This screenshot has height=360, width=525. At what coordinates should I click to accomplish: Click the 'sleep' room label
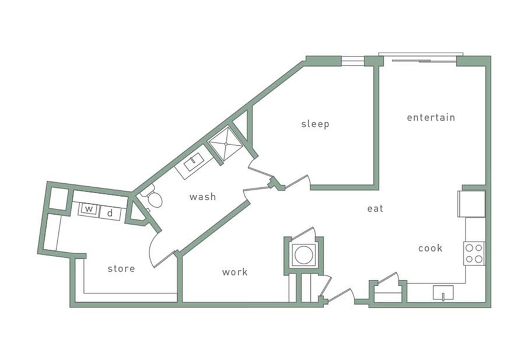(x=315, y=124)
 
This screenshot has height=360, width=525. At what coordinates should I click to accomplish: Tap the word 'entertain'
(x=430, y=117)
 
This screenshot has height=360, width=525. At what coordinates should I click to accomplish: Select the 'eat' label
(x=375, y=208)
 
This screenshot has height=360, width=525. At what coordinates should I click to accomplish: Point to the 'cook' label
(x=430, y=248)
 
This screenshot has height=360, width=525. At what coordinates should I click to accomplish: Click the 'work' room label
(x=235, y=272)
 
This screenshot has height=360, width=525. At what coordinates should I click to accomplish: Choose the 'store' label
(x=121, y=268)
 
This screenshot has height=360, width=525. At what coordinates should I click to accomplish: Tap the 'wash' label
(x=202, y=197)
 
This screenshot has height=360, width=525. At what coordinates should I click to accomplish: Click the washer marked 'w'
(x=88, y=209)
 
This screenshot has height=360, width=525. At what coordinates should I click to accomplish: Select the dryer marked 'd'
(x=110, y=213)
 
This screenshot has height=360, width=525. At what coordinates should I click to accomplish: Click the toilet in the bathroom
(x=153, y=198)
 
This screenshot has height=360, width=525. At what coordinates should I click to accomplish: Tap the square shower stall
(x=225, y=144)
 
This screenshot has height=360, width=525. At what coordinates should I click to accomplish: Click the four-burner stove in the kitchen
(x=474, y=253)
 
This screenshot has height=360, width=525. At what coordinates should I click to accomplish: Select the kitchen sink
(x=443, y=293)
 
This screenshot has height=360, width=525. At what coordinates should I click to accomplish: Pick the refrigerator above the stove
(x=472, y=204)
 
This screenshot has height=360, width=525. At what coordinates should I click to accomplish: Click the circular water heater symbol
(x=303, y=255)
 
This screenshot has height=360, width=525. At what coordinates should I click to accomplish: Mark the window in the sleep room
(x=352, y=61)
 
